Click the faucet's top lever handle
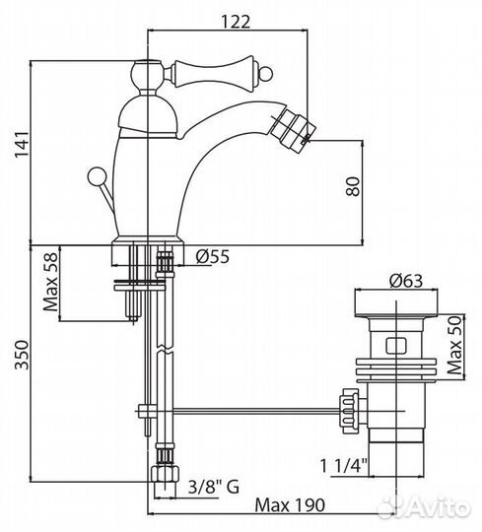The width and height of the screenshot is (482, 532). click(202, 71)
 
